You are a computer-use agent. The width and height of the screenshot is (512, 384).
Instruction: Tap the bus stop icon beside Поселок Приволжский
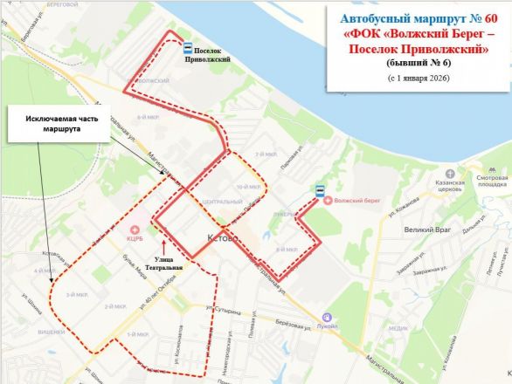tap(188, 50)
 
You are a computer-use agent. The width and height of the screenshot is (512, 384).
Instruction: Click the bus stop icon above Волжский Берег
tap(320, 189)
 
